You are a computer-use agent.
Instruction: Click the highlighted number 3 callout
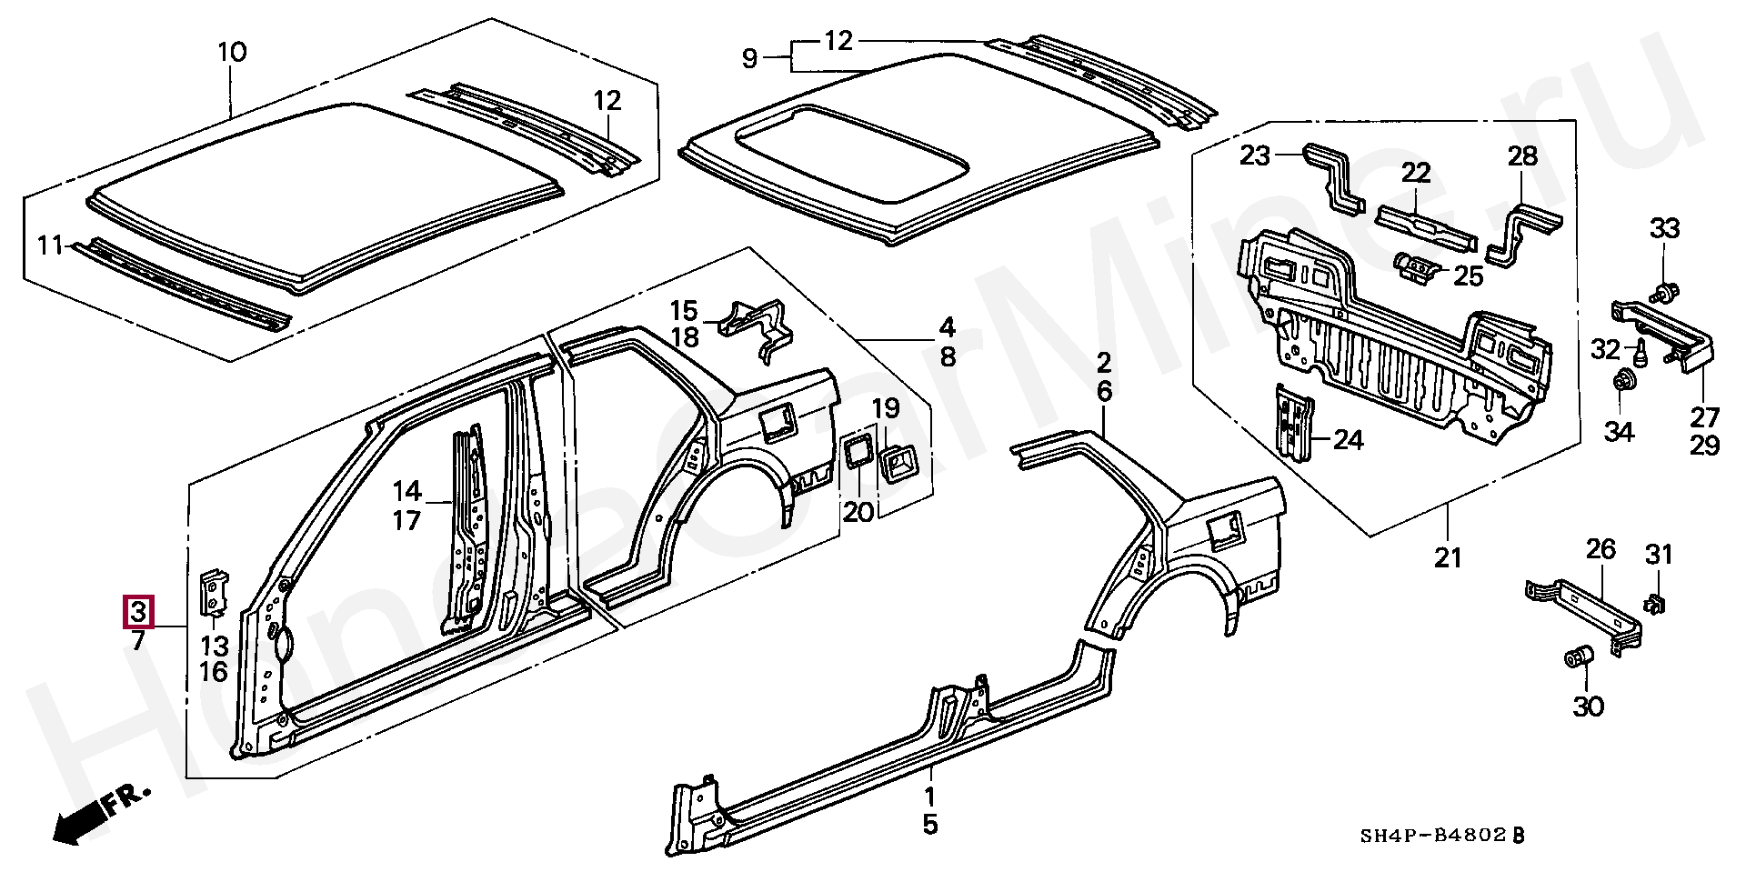pos(138,611)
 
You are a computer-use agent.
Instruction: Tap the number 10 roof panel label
pos(232,53)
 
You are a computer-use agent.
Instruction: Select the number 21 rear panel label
pos(1448,556)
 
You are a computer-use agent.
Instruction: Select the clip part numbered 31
pos(1654,603)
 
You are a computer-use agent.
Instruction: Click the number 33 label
pos(1665,228)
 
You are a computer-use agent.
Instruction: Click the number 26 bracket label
pos(1601,549)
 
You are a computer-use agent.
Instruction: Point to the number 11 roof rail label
pos(50,245)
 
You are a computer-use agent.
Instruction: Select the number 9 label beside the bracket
pos(749,59)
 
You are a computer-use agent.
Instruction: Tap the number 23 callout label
pos(1255,156)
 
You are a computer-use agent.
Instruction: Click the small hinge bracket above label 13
pos(214,591)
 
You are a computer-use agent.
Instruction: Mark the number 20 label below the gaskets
pos(858,512)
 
